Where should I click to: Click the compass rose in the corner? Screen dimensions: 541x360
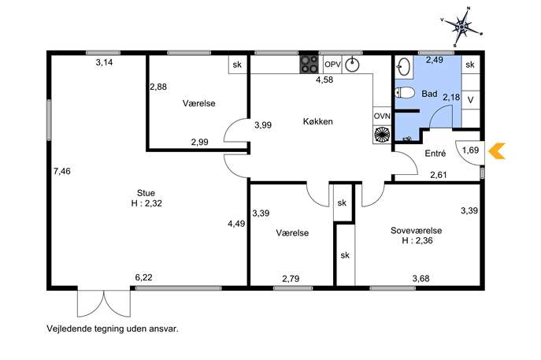pyautogui.click(x=461, y=26)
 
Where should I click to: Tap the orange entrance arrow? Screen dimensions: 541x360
pyautogui.click(x=497, y=150)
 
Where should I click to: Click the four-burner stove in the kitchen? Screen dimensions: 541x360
pyautogui.click(x=309, y=64)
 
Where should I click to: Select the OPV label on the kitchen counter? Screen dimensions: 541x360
pyautogui.click(x=332, y=64)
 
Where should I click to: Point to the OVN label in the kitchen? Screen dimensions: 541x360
pyautogui.click(x=382, y=116)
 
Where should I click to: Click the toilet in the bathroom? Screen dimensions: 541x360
pyautogui.click(x=405, y=92)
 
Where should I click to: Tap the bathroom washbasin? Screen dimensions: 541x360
pyautogui.click(x=404, y=66)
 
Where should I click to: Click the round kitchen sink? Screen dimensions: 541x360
pyautogui.click(x=352, y=65)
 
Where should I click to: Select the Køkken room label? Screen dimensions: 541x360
pyautogui.click(x=318, y=121)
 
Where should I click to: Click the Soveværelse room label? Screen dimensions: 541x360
pyautogui.click(x=416, y=230)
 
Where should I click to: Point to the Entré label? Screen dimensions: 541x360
pyautogui.click(x=435, y=154)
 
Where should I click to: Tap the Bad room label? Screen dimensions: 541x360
pyautogui.click(x=429, y=94)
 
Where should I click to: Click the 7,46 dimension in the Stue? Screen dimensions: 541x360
pyautogui.click(x=62, y=171)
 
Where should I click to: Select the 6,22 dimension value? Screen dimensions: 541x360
pyautogui.click(x=143, y=277)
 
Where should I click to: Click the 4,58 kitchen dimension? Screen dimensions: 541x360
pyautogui.click(x=324, y=80)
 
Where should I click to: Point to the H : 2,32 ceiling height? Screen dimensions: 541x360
pyautogui.click(x=146, y=203)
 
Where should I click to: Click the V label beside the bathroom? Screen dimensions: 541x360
pyautogui.click(x=470, y=100)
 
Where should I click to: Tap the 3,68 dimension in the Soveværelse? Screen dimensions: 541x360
pyautogui.click(x=421, y=278)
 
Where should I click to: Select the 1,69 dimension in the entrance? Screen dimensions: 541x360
pyautogui.click(x=471, y=150)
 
